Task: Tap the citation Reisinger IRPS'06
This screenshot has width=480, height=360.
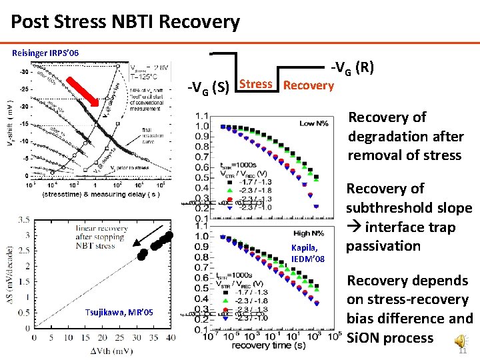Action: click(50, 52)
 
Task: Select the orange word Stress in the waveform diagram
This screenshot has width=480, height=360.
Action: click(255, 84)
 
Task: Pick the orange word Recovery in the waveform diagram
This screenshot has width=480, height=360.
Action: click(308, 85)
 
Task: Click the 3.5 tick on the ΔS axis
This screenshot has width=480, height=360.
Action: click(22, 219)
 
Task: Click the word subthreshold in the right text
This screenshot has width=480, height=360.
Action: click(409, 208)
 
